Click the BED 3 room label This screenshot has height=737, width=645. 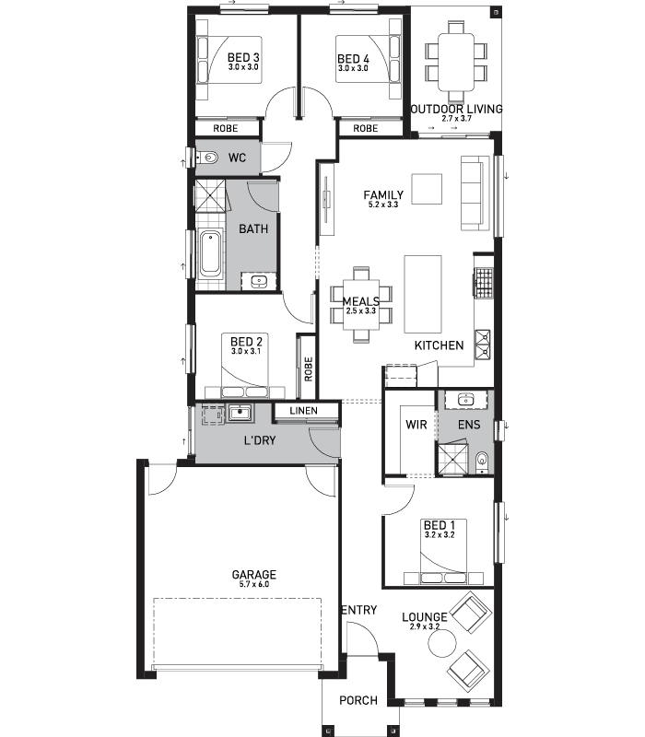243,57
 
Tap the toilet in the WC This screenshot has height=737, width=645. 206,158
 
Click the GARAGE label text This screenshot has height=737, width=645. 254,574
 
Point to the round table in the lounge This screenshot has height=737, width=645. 442,643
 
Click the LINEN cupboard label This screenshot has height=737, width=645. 303,411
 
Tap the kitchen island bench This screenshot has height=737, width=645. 423,294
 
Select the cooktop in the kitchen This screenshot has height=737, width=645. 483,283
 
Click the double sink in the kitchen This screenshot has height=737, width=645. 483,345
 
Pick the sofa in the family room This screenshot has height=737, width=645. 472,193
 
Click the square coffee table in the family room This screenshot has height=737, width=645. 427,189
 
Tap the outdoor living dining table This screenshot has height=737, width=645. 456,62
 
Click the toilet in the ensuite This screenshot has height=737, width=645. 482,462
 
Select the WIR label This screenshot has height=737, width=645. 416,425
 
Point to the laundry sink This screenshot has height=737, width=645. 240,413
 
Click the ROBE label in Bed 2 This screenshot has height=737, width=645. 309,369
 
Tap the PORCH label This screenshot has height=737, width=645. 358,700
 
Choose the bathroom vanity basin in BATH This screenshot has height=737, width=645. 259,282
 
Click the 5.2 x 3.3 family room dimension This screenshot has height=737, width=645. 383,205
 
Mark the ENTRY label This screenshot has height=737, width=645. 359,610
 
